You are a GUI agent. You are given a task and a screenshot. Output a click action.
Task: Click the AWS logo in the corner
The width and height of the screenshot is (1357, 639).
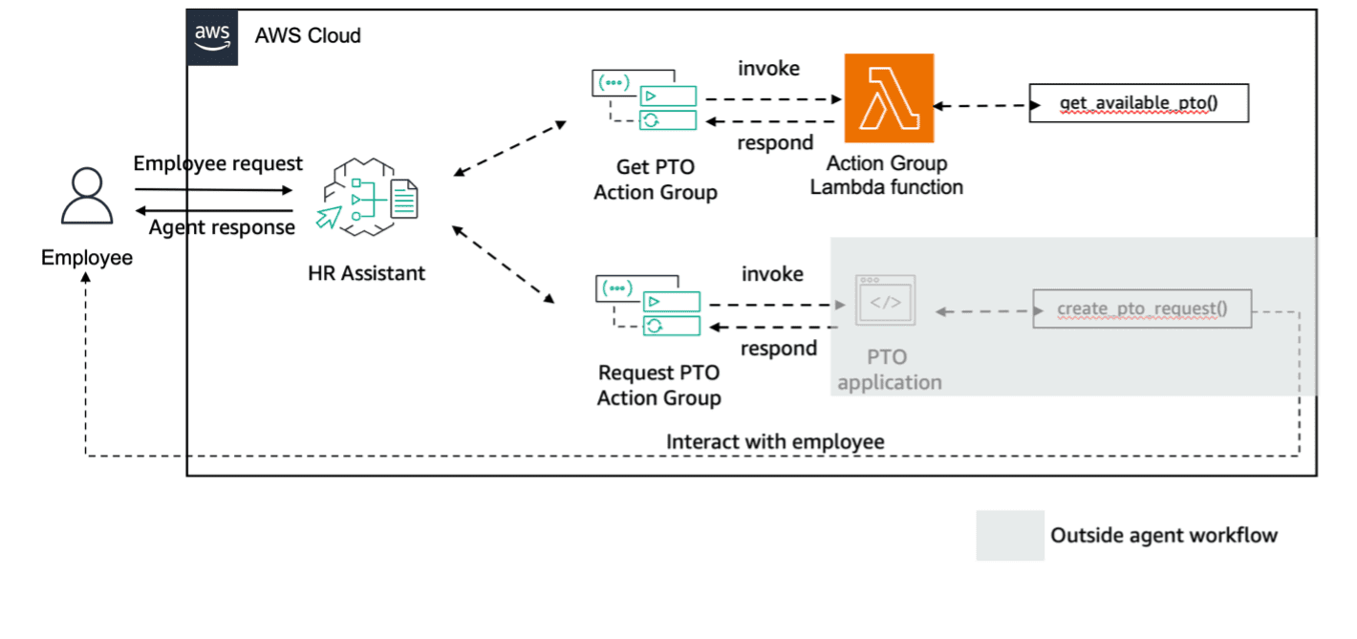pos(212,36)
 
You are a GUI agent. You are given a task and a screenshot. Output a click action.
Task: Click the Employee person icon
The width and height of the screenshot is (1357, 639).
pos(87,199)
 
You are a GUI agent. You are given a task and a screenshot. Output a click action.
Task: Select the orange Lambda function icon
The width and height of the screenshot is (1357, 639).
pos(888,97)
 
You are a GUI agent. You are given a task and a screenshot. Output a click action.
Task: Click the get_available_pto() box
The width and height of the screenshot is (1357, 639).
pos(1138,103)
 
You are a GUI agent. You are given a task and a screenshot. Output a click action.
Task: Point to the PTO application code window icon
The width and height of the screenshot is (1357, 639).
pos(885,303)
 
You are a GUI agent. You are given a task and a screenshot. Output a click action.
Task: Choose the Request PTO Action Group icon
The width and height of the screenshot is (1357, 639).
pos(648,305)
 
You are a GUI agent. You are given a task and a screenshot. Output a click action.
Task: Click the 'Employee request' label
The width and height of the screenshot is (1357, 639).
pos(218,163)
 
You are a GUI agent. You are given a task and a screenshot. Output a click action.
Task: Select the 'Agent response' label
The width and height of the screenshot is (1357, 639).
pos(222,227)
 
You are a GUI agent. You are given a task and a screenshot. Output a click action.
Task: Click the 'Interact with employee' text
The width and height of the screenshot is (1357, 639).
pos(775,441)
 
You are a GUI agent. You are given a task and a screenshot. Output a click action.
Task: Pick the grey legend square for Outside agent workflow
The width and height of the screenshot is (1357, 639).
pos(1010,535)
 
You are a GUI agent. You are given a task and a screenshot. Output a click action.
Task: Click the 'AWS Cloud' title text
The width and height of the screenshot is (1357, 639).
pos(308,36)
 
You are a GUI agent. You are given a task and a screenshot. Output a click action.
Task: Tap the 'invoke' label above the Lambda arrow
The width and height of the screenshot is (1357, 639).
pos(768,69)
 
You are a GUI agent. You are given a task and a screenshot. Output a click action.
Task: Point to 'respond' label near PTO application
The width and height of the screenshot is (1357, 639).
pos(779,349)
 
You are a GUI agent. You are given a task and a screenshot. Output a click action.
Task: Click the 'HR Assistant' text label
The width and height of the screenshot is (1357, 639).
pos(367,273)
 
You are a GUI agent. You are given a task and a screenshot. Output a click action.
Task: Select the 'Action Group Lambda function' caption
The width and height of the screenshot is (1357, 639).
pos(887,175)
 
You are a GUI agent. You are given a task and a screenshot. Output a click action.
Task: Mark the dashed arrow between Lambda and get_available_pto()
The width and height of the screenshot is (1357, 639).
pos(981,105)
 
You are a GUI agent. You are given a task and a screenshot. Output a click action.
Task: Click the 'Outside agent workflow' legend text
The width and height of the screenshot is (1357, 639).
pos(1163,535)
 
